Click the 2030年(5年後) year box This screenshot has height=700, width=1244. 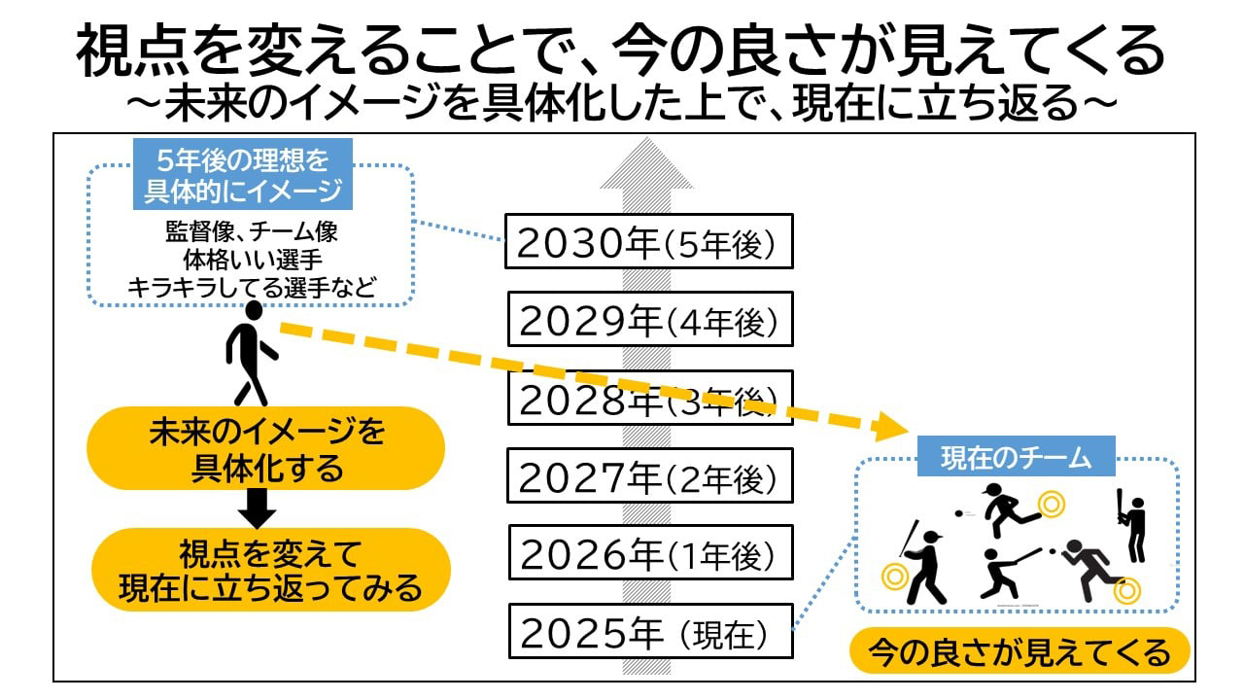click(x=649, y=241)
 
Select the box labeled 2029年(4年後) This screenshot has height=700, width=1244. click(x=649, y=320)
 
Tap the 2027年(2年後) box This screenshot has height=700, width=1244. click(x=649, y=477)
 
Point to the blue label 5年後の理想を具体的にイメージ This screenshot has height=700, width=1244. click(x=243, y=176)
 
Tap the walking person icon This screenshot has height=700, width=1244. click(x=249, y=353)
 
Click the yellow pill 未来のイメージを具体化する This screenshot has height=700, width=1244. click(x=265, y=448)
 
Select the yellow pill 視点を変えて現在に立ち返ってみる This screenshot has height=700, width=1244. click(x=271, y=571)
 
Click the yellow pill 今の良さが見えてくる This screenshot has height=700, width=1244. click(x=1019, y=651)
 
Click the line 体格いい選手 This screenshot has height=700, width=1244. click(x=251, y=261)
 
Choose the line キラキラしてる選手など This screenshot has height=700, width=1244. click(x=251, y=287)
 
